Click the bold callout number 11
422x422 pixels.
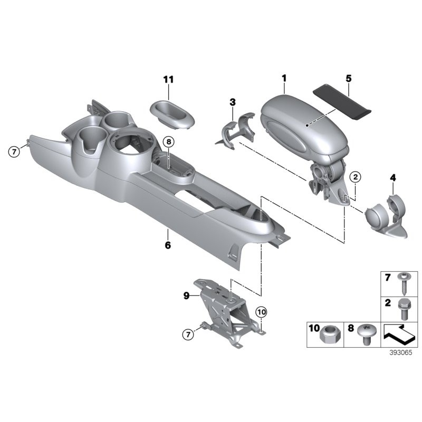(x=168, y=80)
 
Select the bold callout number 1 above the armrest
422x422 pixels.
(x=284, y=78)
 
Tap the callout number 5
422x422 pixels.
(x=349, y=79)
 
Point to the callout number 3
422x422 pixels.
(x=233, y=102)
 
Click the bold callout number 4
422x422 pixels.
(x=393, y=178)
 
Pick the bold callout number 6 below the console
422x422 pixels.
(x=168, y=245)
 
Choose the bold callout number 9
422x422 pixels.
(x=187, y=296)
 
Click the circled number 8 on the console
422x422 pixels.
(x=169, y=141)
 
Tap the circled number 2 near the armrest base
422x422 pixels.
(x=356, y=177)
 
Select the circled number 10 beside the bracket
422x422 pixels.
(x=262, y=312)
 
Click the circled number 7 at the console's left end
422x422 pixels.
(x=14, y=152)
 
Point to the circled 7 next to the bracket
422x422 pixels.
(x=188, y=334)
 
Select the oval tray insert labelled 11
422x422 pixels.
(x=172, y=113)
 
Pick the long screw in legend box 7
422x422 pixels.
(x=403, y=284)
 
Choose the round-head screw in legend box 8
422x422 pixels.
(x=365, y=334)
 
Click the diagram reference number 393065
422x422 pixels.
(x=401, y=352)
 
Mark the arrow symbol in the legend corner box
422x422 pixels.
(x=399, y=335)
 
